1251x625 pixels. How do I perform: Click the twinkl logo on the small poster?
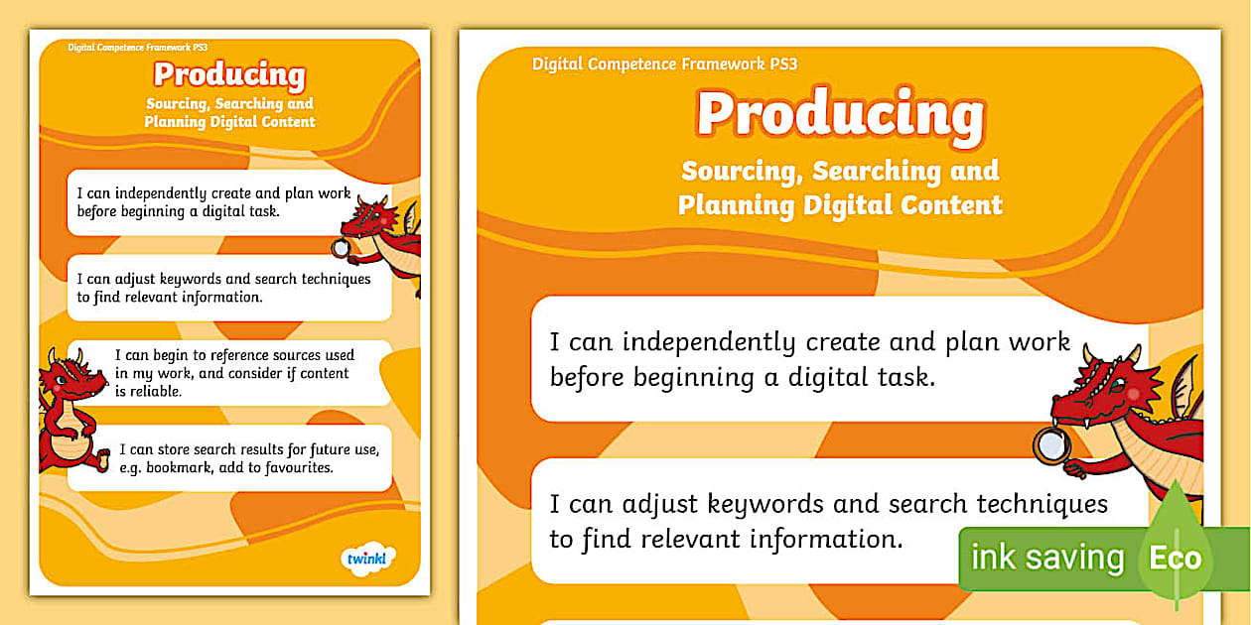click(368, 558)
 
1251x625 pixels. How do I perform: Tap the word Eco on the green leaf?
click(1176, 558)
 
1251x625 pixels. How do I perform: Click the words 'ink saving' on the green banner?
click(1047, 558)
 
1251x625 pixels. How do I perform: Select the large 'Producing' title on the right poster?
click(841, 115)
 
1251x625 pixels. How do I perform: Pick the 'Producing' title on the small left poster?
click(229, 75)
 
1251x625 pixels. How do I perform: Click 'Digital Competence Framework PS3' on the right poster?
click(664, 64)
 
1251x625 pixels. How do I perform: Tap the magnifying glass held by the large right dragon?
click(1052, 446)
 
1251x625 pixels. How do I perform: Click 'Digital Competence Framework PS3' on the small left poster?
click(137, 48)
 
